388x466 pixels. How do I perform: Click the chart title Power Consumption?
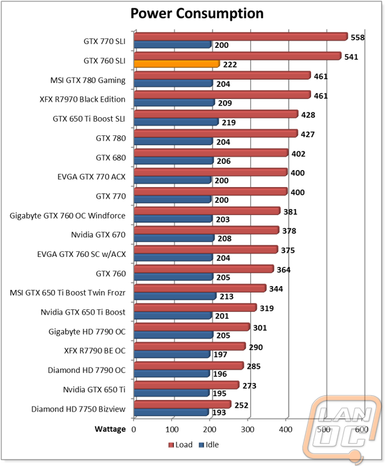[x=197, y=14]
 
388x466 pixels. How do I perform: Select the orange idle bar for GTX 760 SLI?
[x=177, y=63]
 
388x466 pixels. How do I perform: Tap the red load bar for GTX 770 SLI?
[x=241, y=37]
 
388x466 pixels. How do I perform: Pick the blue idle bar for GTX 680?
[x=173, y=160]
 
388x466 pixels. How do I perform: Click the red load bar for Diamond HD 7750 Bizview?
[x=182, y=405]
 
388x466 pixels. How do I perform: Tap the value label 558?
[x=358, y=37]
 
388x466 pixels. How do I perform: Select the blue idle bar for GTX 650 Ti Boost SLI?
[x=176, y=122]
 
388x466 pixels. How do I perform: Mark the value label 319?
[x=266, y=307]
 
